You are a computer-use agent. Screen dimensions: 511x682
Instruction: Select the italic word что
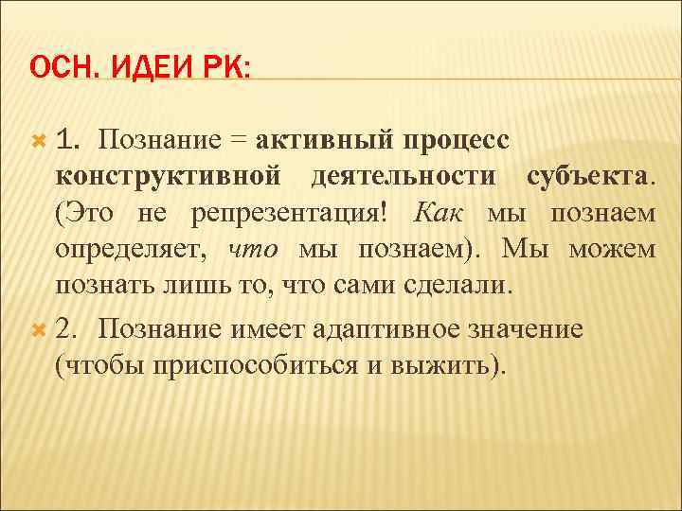tap(255, 249)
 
